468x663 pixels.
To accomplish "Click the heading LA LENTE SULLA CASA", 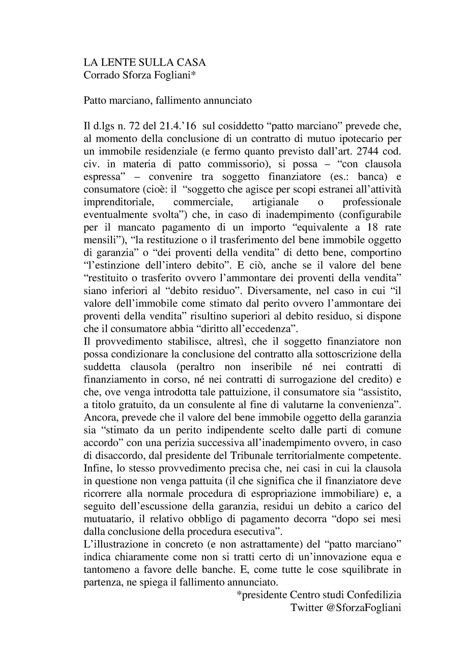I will click(x=144, y=63).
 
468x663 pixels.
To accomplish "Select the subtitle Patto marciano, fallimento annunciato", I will click(x=167, y=100).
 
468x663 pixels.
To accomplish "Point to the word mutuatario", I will click(x=108, y=518).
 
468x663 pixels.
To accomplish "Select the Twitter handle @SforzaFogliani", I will click(x=365, y=607).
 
